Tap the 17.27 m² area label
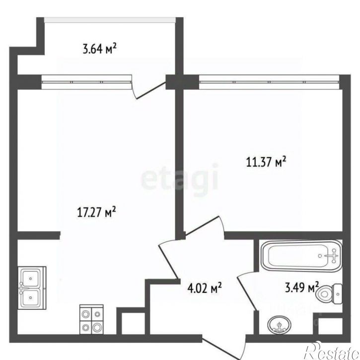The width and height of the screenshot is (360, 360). point(96,212)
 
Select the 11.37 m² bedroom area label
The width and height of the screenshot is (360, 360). point(266,162)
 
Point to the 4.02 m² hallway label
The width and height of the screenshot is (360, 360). point(205,288)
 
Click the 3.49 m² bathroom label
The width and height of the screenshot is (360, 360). point(302,287)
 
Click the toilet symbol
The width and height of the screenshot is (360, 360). point(329,293)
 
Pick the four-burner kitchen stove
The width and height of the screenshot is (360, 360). point(91,319)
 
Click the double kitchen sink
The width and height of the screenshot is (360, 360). point(32,288)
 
